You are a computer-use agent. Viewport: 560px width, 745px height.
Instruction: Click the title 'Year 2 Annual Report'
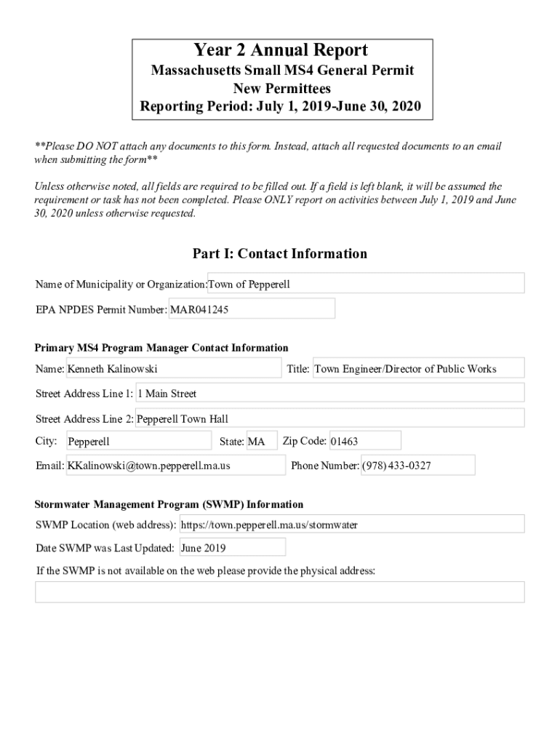281,50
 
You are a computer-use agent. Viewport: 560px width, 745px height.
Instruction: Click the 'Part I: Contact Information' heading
280,254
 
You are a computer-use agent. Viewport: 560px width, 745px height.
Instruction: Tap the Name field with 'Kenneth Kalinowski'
173,369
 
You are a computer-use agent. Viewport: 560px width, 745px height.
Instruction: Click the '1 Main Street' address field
330,394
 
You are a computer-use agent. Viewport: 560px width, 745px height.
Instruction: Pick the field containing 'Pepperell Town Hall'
330,418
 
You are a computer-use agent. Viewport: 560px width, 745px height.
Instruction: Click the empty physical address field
280,592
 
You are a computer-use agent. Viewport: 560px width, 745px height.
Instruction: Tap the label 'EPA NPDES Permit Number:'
101,309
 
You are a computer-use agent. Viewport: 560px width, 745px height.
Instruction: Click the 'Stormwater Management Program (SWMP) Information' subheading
169,504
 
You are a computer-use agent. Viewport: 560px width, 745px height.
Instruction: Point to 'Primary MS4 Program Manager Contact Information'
161,348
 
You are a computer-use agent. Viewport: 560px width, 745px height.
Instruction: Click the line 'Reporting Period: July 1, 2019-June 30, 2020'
281,107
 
